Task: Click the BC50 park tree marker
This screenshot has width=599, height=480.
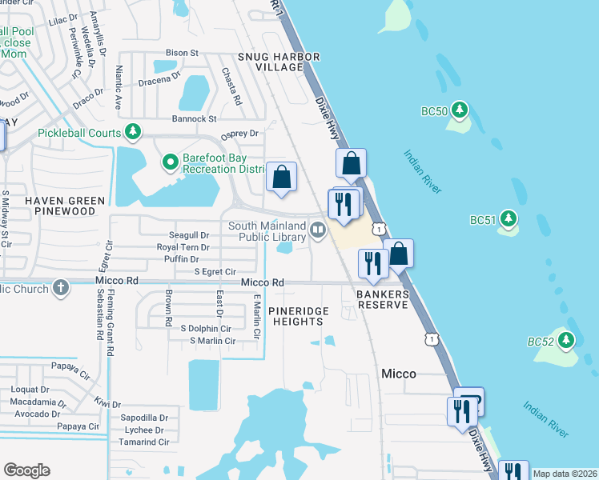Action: [x=459, y=110]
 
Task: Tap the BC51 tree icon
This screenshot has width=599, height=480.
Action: [x=508, y=218]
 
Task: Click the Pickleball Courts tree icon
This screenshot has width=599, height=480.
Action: [x=133, y=132]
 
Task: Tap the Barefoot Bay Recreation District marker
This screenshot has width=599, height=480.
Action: [x=170, y=162]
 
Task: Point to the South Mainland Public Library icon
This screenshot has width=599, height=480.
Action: [x=318, y=231]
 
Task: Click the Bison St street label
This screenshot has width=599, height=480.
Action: [x=183, y=53]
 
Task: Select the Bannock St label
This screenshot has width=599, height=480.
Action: [x=191, y=118]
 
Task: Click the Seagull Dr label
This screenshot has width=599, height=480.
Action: [x=189, y=235]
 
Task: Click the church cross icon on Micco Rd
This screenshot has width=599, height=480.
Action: [x=62, y=286]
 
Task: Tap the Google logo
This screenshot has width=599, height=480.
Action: [x=26, y=470]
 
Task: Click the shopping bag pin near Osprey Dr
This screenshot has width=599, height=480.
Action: [x=282, y=178]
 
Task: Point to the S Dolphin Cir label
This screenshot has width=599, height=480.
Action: [x=206, y=328]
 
